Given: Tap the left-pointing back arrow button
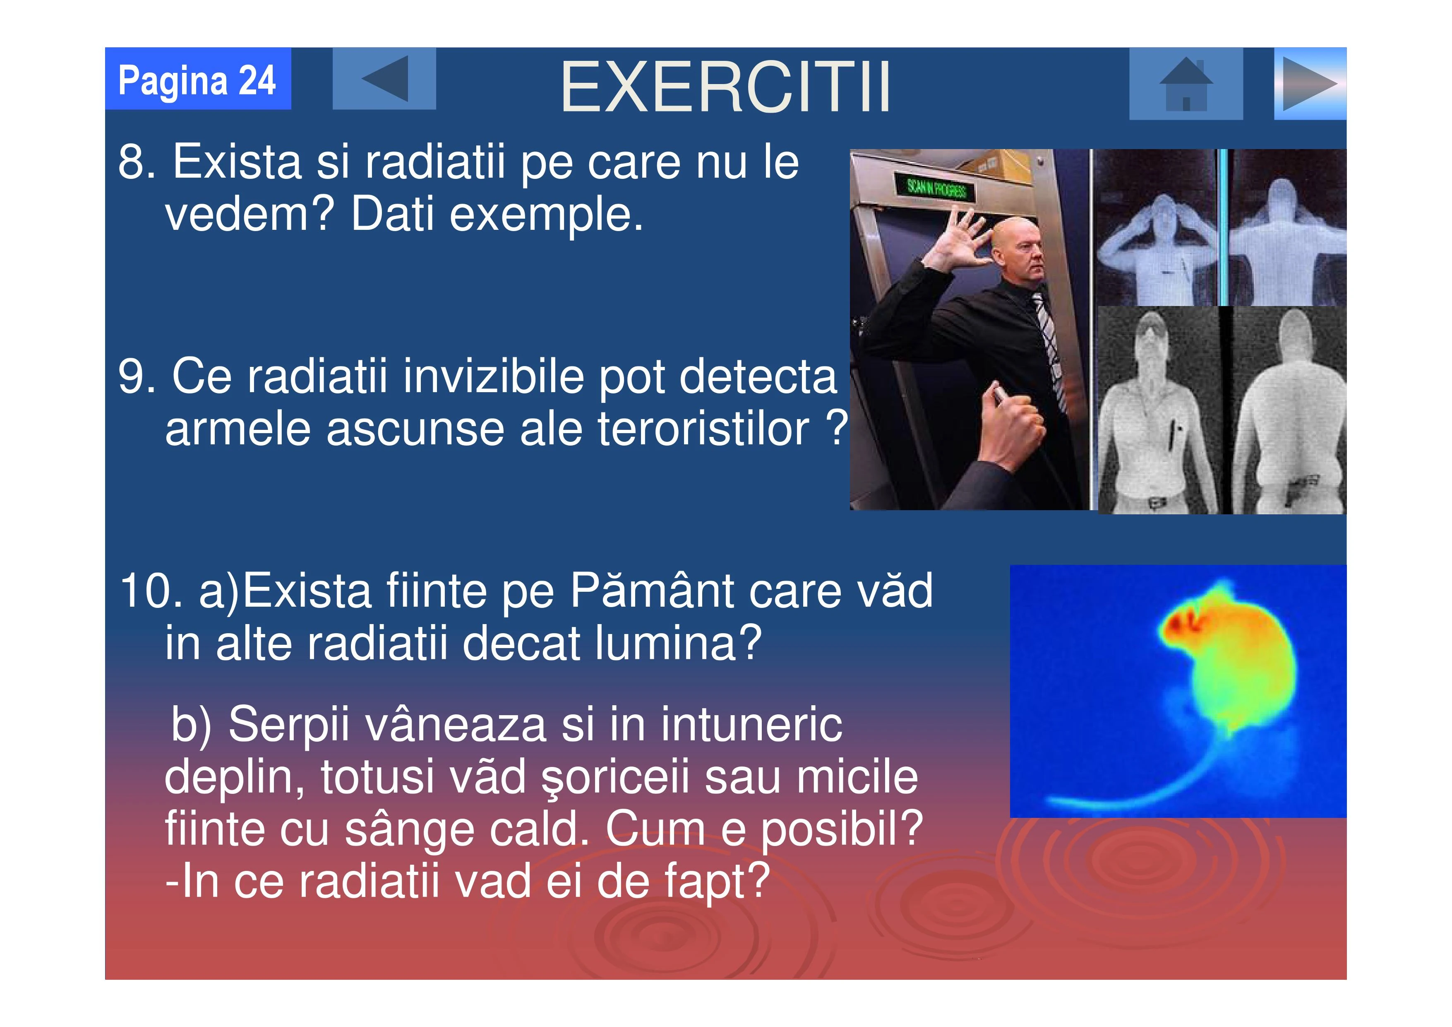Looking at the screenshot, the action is pyautogui.click(x=384, y=78).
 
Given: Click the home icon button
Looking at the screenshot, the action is pyautogui.click(x=1186, y=84).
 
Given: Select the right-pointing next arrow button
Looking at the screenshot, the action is pyautogui.click(x=1310, y=84).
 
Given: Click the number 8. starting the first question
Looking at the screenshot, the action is pyautogui.click(x=137, y=162).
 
